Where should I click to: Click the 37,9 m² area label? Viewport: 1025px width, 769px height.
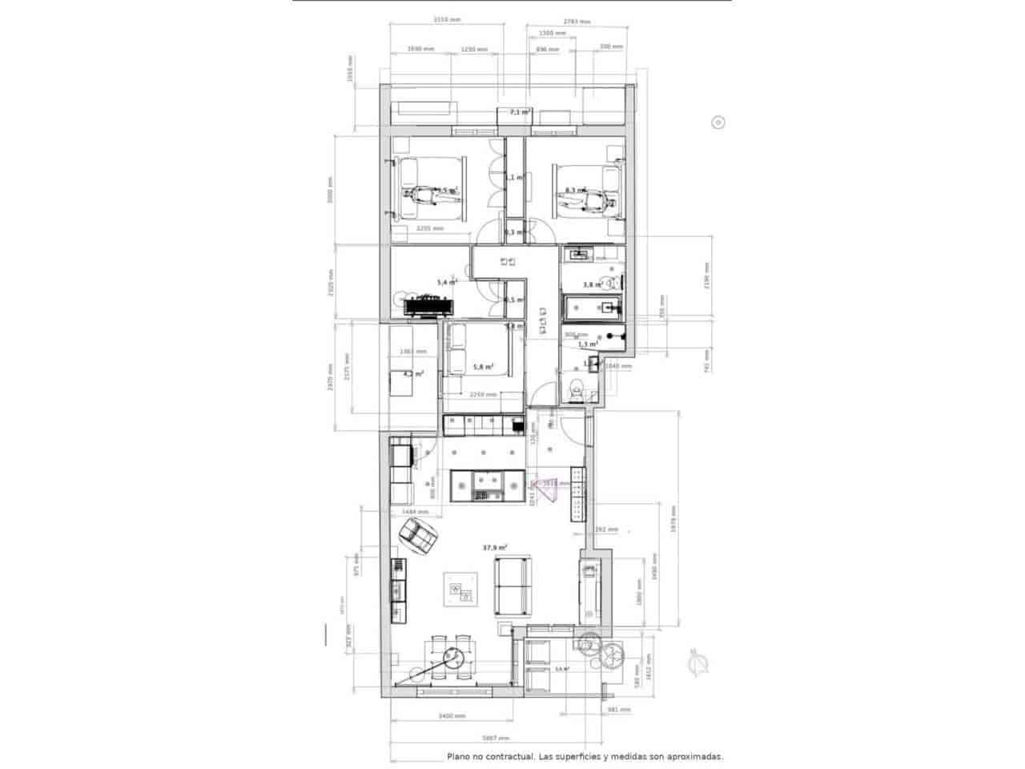pyautogui.click(x=494, y=548)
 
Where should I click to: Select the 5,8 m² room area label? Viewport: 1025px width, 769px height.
pyautogui.click(x=483, y=367)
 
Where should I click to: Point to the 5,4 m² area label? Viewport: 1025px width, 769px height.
pyautogui.click(x=446, y=282)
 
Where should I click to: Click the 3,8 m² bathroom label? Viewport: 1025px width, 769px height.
pyautogui.click(x=592, y=284)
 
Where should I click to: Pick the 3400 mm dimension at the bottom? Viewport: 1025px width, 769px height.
pyautogui.click(x=441, y=716)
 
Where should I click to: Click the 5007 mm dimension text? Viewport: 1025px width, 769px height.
pyautogui.click(x=494, y=739)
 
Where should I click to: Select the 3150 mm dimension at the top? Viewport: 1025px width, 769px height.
pyautogui.click(x=446, y=20)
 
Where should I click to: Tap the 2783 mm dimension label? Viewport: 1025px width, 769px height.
pyautogui.click(x=577, y=22)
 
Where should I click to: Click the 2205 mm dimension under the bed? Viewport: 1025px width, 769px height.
pyautogui.click(x=430, y=228)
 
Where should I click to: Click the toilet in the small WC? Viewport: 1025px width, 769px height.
pyautogui.click(x=574, y=390)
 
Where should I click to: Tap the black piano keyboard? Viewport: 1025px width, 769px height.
pyautogui.click(x=427, y=304)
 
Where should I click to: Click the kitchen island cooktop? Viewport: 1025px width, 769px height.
pyautogui.click(x=486, y=483)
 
